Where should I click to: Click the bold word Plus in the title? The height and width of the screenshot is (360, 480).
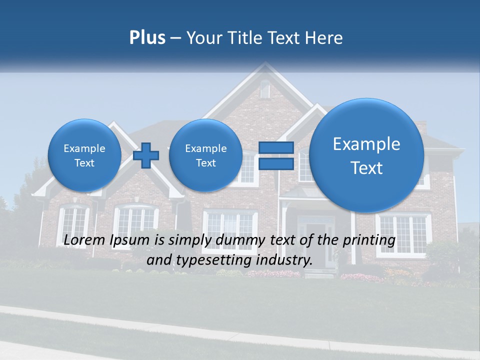tap(147, 38)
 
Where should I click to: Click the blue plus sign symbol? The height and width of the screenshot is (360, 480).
tap(146, 155)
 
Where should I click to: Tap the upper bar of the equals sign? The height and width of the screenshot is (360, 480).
tap(276, 148)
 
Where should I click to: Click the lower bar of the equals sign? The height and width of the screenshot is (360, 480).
tap(276, 163)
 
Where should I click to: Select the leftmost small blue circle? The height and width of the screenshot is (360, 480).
tap(84, 155)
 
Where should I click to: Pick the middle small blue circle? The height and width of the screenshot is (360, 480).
tap(205, 155)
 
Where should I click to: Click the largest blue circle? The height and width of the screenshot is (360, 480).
tap(366, 155)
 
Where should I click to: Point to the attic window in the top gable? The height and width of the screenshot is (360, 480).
tap(265, 90)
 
